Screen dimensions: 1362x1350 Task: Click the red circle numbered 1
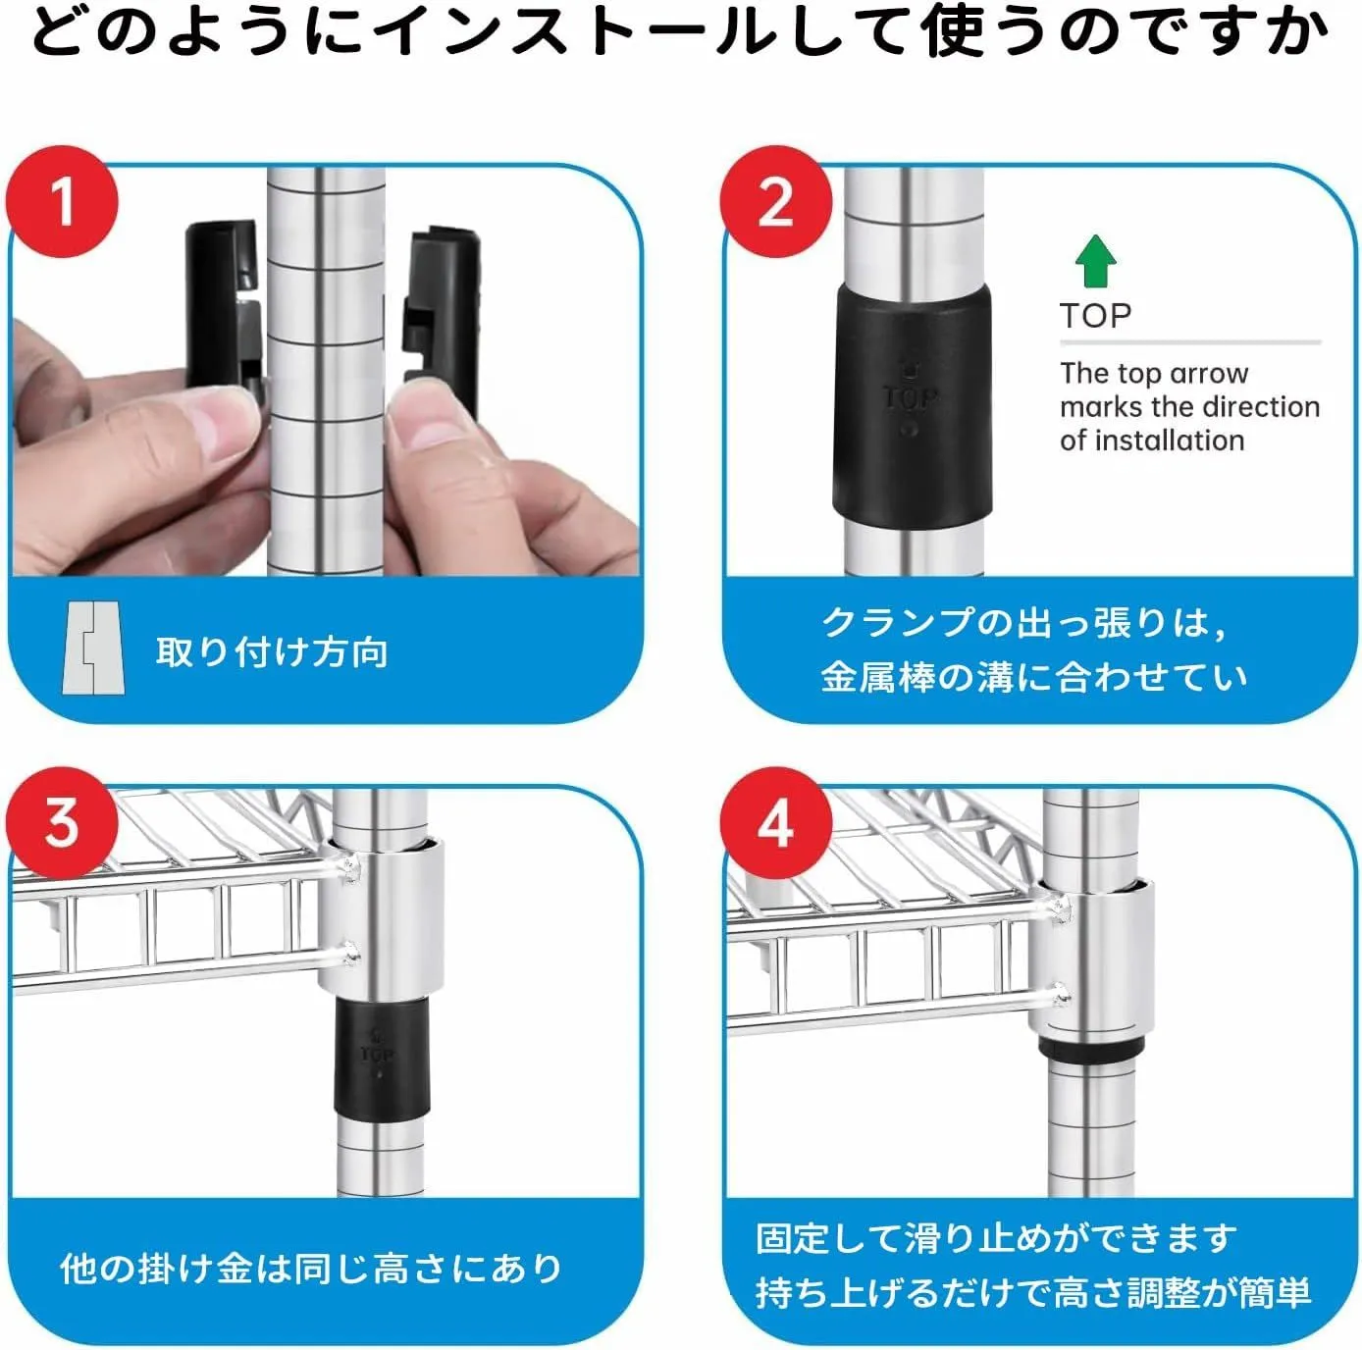tap(62, 201)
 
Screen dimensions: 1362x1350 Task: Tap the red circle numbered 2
tap(776, 201)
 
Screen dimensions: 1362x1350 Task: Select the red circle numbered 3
tap(62, 823)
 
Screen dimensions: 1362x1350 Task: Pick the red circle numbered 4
tap(776, 823)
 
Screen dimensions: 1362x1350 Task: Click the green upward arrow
tap(1095, 261)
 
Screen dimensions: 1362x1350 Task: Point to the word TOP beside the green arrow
tap(1095, 315)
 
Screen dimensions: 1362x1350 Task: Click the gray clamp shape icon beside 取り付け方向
tap(93, 648)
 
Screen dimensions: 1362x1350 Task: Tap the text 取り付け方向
tap(272, 651)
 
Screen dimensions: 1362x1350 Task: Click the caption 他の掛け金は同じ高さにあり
tap(311, 1268)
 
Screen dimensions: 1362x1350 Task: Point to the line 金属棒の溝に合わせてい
tap(1034, 676)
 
